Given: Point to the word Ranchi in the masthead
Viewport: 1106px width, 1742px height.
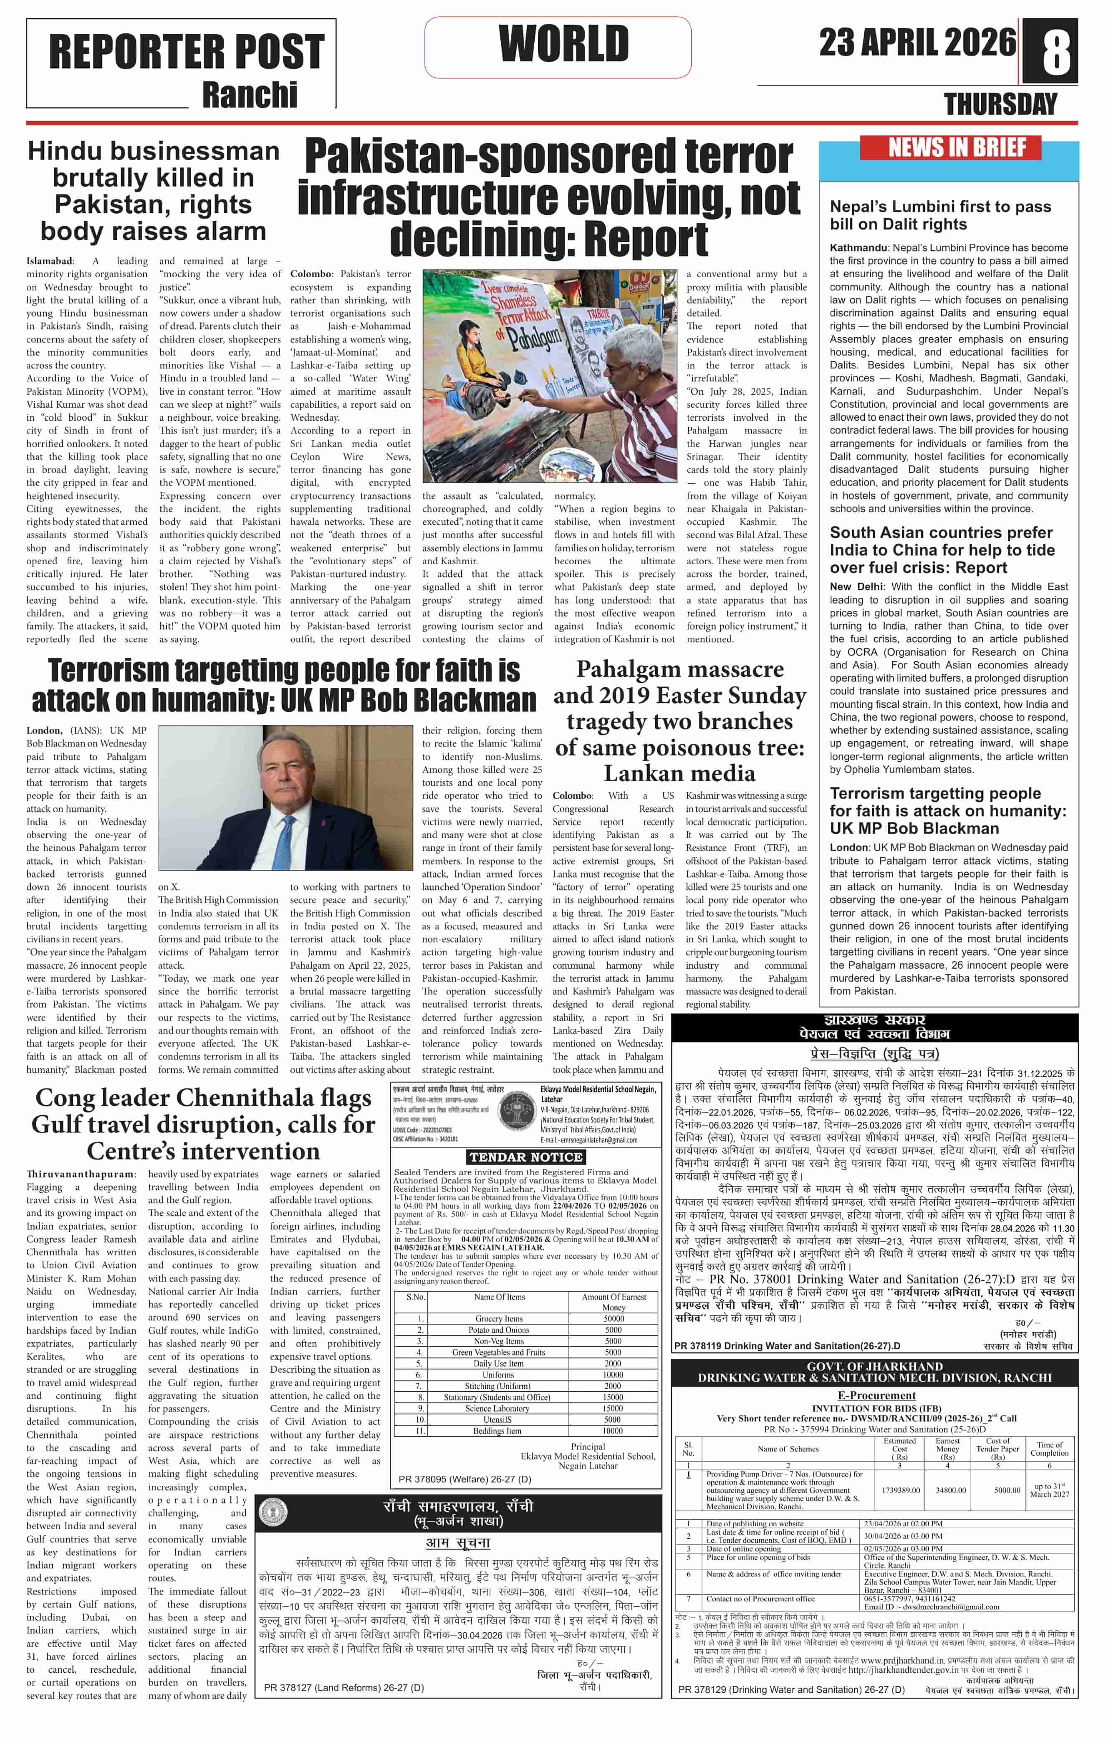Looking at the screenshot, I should pos(250,95).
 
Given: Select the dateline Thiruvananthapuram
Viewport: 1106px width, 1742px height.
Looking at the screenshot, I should pos(80,1174).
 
